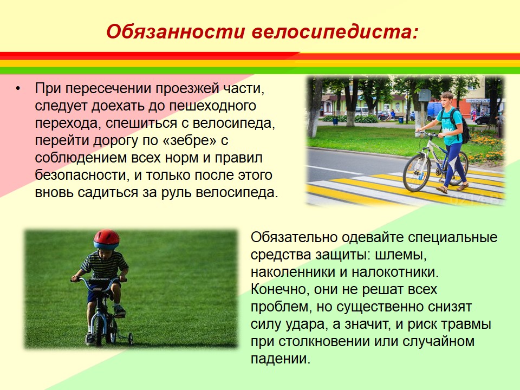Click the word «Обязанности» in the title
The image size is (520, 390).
pyautogui.click(x=175, y=32)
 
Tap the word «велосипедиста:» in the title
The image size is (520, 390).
pyautogui.click(x=335, y=32)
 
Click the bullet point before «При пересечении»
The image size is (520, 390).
pyautogui.click(x=18, y=88)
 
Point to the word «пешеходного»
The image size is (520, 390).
pyautogui.click(x=212, y=106)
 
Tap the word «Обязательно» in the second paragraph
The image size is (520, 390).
pyautogui.click(x=294, y=237)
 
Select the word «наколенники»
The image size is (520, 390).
pyautogui.click(x=293, y=272)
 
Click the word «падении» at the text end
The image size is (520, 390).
pyautogui.click(x=280, y=359)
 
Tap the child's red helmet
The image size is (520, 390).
pyautogui.click(x=106, y=239)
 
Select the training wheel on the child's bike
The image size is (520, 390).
pyautogui.click(x=131, y=338)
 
